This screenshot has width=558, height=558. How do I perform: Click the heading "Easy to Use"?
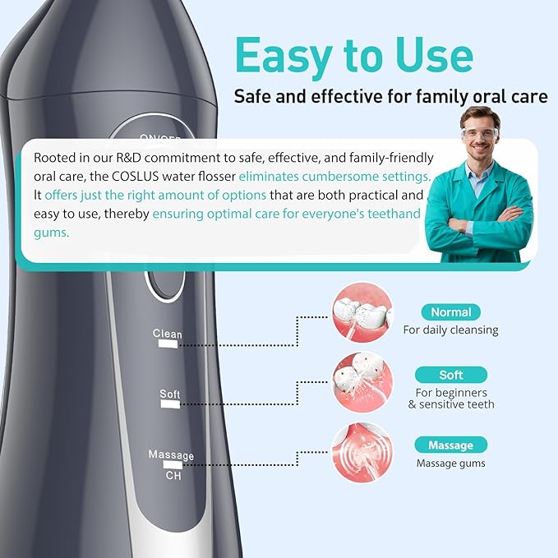[353, 55]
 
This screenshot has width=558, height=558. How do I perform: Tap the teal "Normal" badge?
[451, 312]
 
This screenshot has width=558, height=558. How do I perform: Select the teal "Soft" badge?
[451, 375]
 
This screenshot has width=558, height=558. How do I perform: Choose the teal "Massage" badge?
[451, 445]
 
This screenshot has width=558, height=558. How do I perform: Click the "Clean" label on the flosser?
[168, 334]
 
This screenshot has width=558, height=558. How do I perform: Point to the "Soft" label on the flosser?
[170, 394]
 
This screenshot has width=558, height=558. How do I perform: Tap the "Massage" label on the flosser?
[171, 455]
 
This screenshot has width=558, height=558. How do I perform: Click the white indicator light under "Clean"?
[168, 346]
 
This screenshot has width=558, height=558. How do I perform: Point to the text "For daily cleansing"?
[450, 330]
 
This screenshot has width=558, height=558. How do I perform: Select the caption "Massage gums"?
[450, 463]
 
